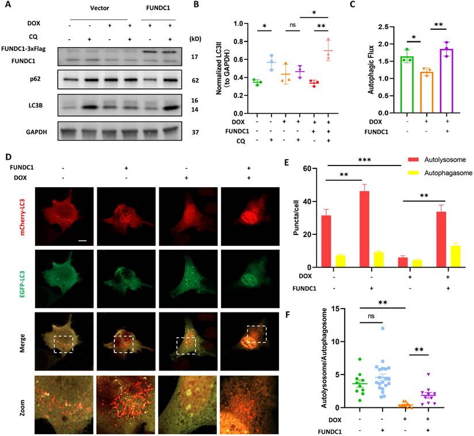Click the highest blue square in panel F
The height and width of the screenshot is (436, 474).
(x=381, y=329)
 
